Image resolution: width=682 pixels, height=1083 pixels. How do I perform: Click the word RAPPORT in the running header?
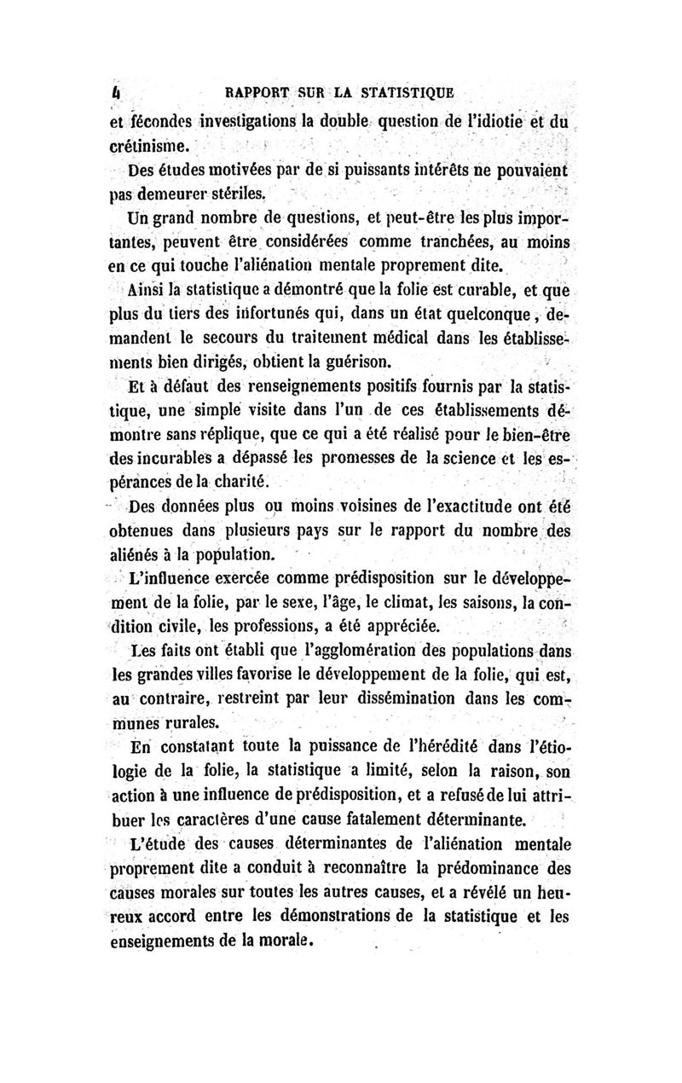(253, 90)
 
